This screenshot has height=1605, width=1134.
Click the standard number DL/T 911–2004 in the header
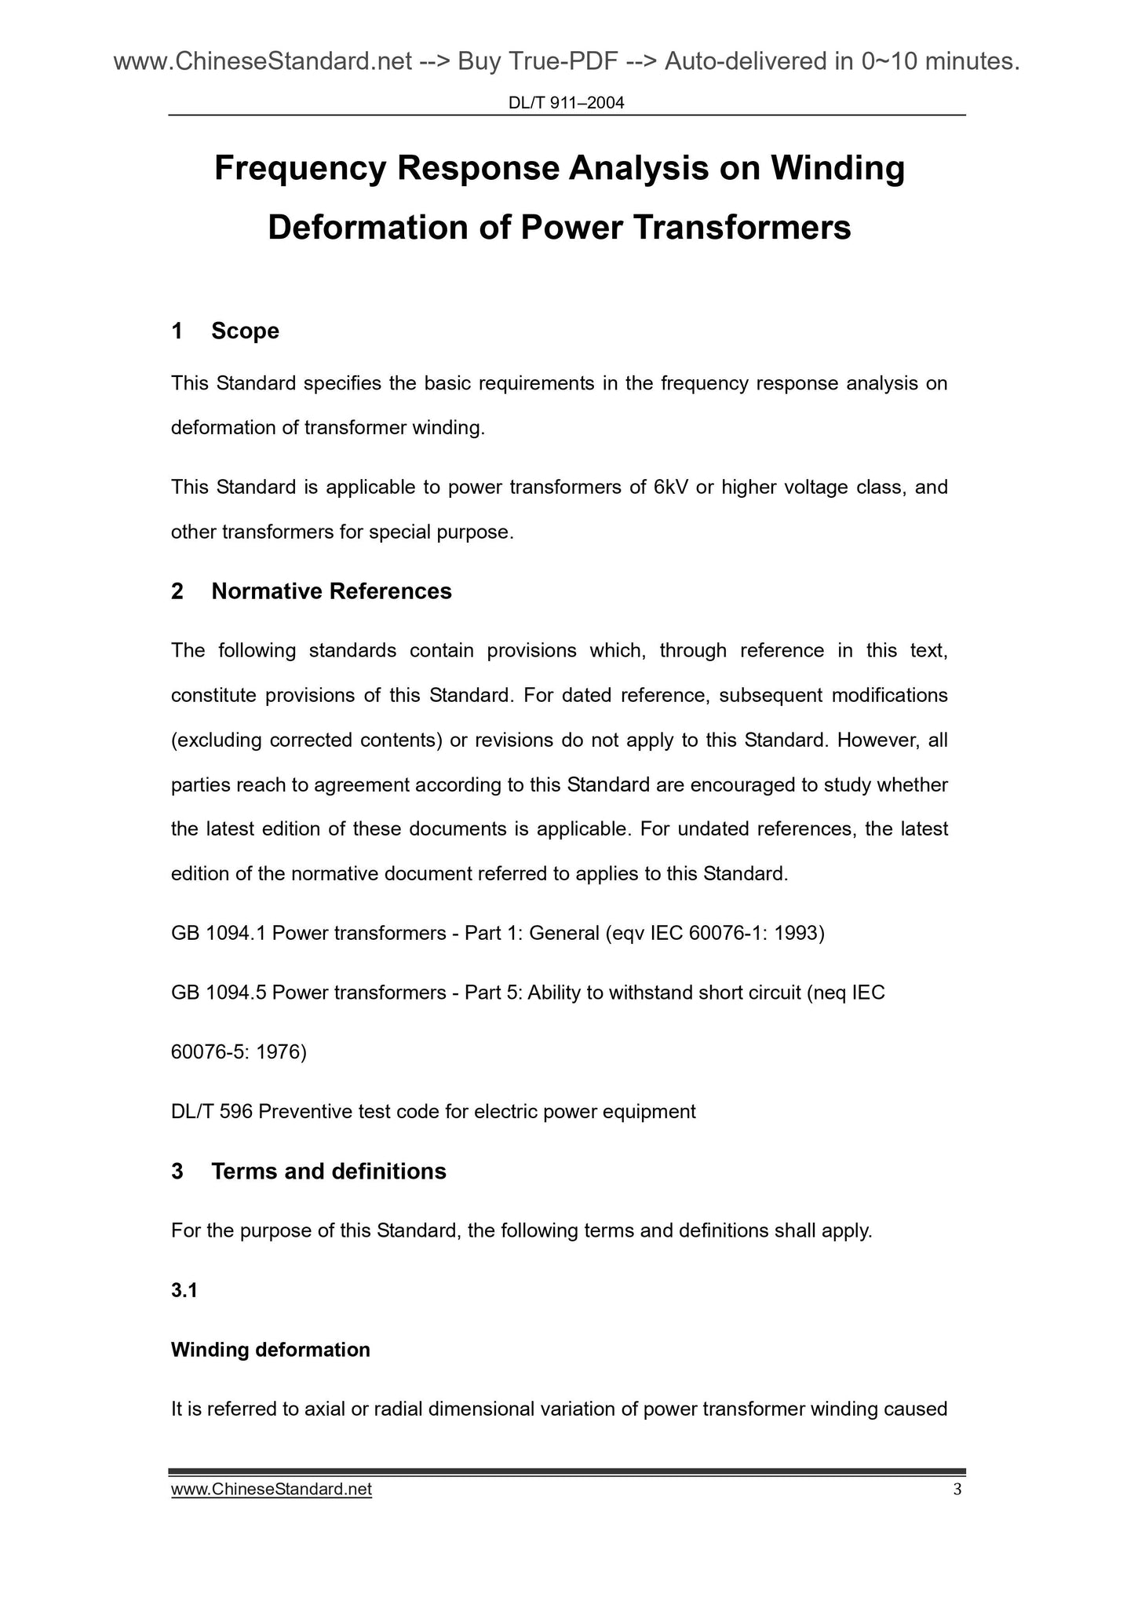coord(567,102)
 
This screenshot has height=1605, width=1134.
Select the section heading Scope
coord(245,331)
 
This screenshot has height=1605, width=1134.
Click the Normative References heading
coord(331,591)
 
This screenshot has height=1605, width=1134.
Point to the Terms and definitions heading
coord(328,1172)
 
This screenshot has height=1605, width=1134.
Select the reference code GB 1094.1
coord(218,934)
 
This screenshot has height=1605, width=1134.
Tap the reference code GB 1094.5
coord(218,993)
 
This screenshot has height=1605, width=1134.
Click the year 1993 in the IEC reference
coord(799,934)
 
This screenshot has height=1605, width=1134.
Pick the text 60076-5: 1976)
coord(239,1052)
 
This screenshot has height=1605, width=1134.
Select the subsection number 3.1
coord(184,1290)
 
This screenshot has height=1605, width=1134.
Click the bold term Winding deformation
coord(270,1350)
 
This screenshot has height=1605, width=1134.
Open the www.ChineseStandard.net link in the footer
coord(271,1490)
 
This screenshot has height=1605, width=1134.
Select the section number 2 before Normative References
coord(177,591)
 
